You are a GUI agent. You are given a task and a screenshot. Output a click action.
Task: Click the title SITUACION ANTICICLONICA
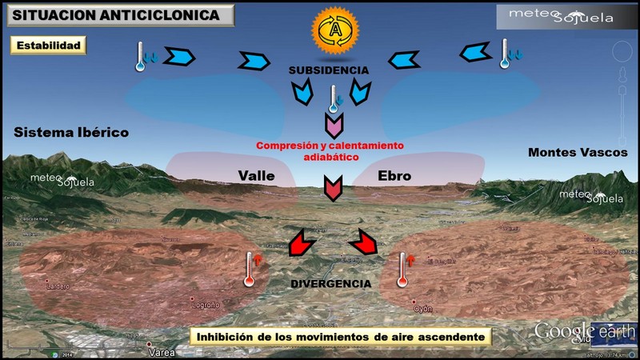point(118,15)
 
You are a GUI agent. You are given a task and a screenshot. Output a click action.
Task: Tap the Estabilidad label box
point(47,46)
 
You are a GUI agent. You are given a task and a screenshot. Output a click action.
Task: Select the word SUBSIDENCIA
point(330,71)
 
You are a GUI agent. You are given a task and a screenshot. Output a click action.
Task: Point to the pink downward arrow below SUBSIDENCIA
point(334,125)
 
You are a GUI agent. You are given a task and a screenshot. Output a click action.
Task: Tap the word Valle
point(257,176)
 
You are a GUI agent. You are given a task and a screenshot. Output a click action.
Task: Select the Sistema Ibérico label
point(71,132)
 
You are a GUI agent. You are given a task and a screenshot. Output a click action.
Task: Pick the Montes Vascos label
point(578,152)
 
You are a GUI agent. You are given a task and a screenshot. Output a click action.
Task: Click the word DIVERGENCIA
point(330,284)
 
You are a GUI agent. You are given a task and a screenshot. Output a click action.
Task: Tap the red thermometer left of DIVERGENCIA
point(251,270)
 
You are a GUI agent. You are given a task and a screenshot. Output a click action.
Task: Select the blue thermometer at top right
point(506,54)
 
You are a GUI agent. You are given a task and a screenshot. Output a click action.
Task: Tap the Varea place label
point(161,351)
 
